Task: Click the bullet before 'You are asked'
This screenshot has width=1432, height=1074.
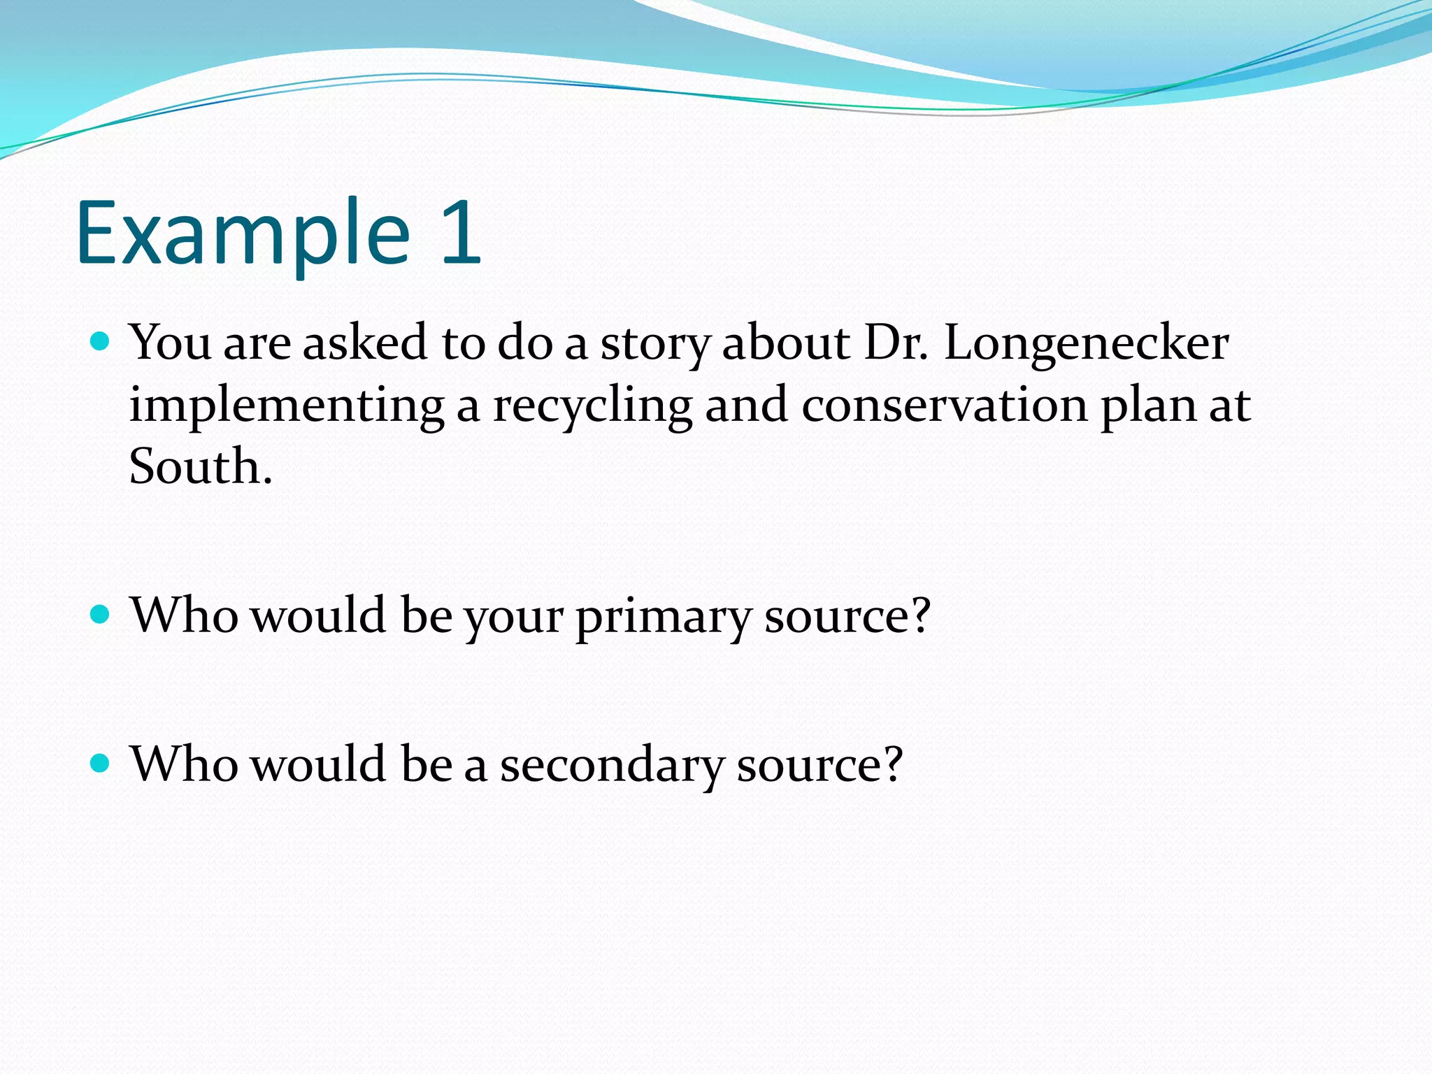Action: [101, 342]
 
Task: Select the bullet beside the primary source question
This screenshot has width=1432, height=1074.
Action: [101, 615]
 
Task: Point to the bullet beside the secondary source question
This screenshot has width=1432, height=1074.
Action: [101, 763]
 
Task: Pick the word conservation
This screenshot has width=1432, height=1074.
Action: [945, 406]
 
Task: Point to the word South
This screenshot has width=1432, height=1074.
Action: [200, 466]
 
